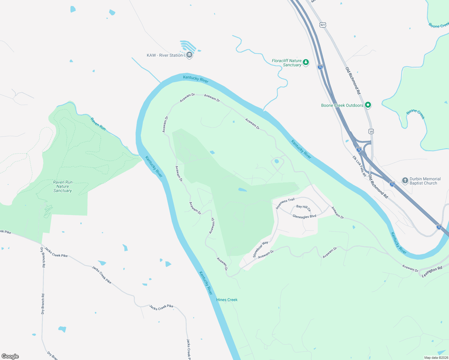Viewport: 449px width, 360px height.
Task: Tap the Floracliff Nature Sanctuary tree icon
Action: (x=306, y=62)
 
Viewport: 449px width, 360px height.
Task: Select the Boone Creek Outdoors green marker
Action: (x=368, y=105)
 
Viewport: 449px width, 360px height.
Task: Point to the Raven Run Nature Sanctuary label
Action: (x=62, y=186)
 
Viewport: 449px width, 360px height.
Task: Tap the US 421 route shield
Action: (x=323, y=25)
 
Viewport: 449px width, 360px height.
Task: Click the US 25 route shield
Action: (x=372, y=131)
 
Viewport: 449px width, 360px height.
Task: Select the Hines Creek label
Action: (x=227, y=300)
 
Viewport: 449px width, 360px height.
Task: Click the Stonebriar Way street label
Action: (x=260, y=249)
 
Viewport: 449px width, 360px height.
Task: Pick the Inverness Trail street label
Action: (x=285, y=203)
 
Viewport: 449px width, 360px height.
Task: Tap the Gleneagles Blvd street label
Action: (x=304, y=216)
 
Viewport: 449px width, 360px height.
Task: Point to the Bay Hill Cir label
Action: (x=303, y=208)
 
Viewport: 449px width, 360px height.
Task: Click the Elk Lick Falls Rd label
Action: (x=359, y=166)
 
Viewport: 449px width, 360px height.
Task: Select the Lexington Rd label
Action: (x=432, y=272)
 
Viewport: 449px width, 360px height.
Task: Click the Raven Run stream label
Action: (x=98, y=124)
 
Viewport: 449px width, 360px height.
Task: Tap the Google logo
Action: (x=10, y=356)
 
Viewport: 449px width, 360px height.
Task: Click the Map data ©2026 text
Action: (x=436, y=358)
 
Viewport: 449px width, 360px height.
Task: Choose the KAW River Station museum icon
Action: (x=189, y=55)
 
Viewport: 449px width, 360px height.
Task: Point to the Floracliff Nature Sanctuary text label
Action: (x=287, y=63)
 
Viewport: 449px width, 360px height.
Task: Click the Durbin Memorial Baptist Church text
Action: (x=425, y=181)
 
